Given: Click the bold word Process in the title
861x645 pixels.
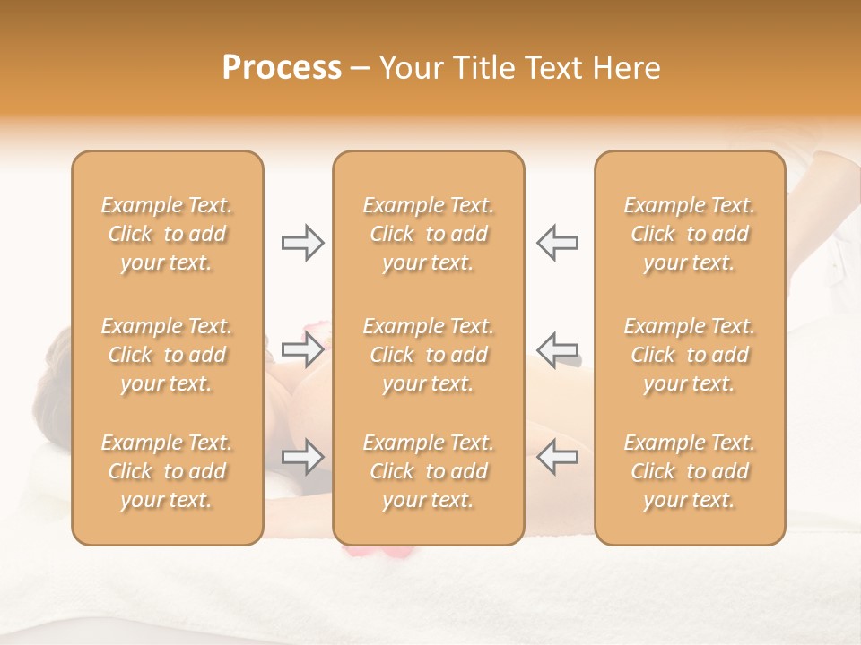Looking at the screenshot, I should [282, 68].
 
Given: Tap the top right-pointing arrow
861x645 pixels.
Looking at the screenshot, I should [302, 243].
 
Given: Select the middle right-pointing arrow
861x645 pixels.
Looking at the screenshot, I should [302, 349].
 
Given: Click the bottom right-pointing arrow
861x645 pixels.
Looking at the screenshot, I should [302, 457].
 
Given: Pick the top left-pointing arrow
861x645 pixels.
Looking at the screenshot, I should [557, 243].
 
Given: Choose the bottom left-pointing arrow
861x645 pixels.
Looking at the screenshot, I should [557, 457].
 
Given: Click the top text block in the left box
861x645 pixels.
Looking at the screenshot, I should [167, 234].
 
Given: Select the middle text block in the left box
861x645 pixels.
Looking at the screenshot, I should [167, 355].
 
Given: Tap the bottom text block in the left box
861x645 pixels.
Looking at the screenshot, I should [167, 471].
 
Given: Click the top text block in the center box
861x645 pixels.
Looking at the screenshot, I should [428, 234].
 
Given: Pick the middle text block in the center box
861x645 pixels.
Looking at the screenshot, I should [428, 355].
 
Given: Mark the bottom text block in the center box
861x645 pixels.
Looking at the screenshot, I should [428, 471].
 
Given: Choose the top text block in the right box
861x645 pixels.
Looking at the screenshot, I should [689, 234].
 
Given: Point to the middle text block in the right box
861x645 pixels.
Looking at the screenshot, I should [689, 355].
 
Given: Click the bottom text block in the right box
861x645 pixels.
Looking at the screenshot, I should [689, 471].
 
